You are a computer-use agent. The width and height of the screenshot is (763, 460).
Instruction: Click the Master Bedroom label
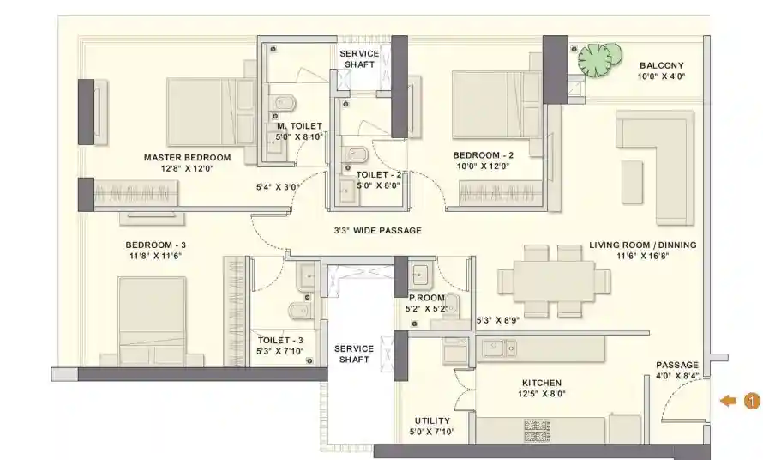point(188,157)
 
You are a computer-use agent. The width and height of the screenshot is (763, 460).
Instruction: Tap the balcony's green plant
point(599,59)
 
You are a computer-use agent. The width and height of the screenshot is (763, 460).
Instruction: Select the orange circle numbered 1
point(752,401)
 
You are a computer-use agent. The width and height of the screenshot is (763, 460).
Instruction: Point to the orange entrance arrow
point(729,401)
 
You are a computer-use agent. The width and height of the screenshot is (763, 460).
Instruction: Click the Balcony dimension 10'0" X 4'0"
point(661,76)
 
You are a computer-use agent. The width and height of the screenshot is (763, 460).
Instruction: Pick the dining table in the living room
point(554,281)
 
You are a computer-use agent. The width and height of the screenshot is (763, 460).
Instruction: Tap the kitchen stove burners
point(537,430)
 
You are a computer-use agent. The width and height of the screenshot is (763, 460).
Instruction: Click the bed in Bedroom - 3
point(152,321)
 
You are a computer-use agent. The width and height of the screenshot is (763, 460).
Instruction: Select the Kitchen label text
point(542,383)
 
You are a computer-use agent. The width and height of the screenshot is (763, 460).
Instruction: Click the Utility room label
point(432,421)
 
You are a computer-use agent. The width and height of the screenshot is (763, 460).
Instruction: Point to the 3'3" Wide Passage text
point(377,231)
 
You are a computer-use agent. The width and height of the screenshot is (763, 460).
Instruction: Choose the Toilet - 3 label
point(280,340)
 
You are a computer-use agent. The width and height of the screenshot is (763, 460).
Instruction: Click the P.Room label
point(427,298)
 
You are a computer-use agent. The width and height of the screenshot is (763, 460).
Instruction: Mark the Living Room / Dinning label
point(643,245)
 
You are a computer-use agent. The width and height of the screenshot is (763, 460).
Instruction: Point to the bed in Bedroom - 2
point(496,105)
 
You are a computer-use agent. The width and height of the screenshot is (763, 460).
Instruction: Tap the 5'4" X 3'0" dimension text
point(278,186)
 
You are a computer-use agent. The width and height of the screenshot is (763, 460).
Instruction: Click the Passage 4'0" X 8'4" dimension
point(677,376)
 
